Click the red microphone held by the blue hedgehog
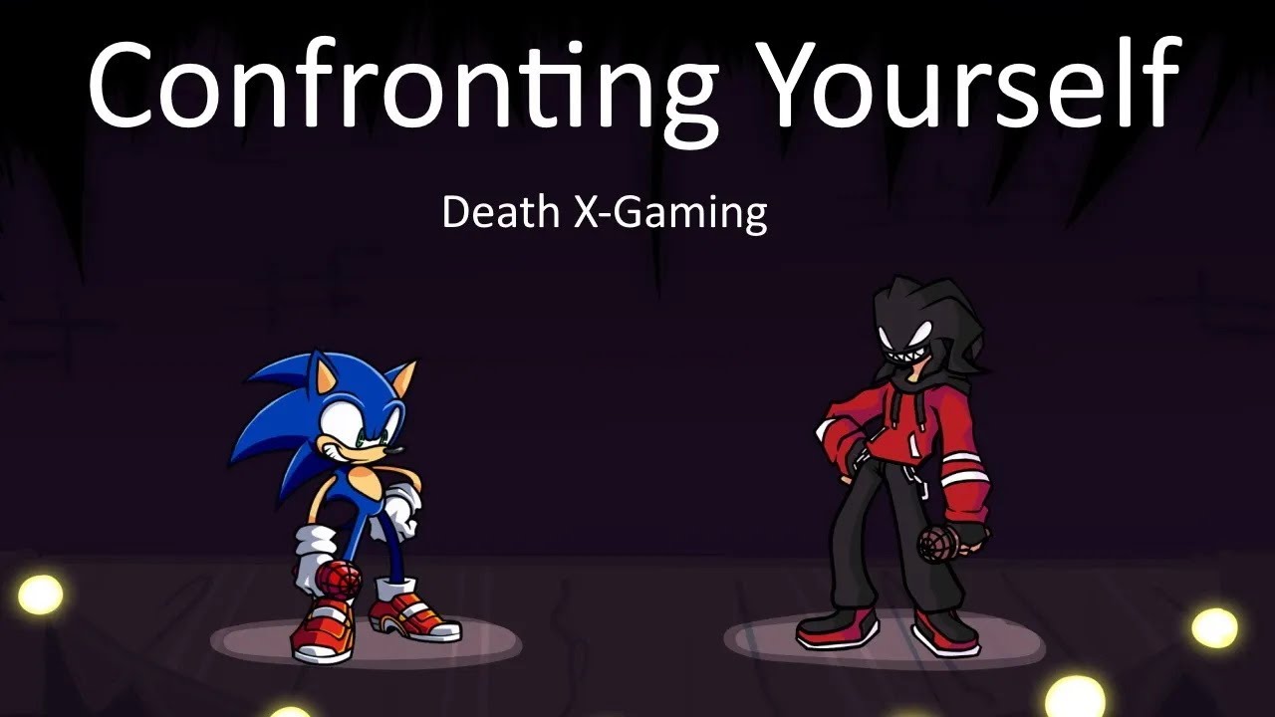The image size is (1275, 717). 339,578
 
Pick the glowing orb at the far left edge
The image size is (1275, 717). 40,595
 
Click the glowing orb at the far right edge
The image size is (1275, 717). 1214,627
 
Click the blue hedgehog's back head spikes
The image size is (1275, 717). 269,428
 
